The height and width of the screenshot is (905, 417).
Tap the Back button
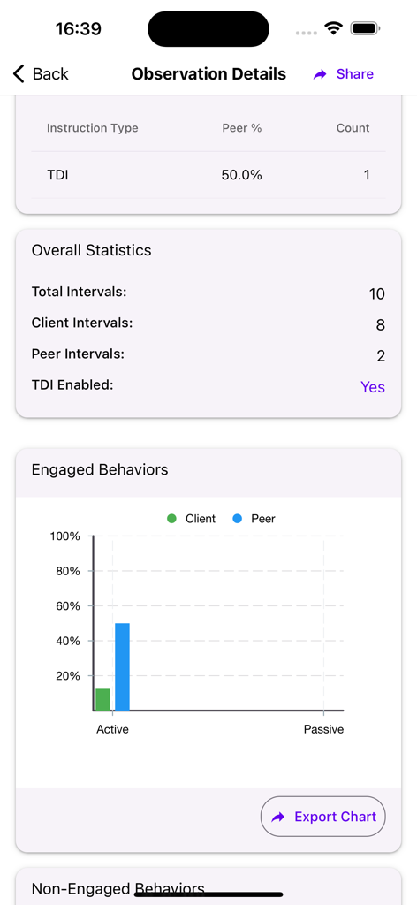point(41,74)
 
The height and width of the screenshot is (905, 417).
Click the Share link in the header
point(344,74)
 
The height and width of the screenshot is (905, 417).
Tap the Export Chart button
point(323,817)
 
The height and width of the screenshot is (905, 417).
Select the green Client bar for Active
point(103,699)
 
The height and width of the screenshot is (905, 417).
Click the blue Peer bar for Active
point(122,666)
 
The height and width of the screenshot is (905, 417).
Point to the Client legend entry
point(192,519)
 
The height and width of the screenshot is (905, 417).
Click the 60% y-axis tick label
point(68,606)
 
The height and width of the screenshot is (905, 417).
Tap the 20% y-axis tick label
point(68,676)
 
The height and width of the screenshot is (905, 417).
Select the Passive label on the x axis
point(323,729)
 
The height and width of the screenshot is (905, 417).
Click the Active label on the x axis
point(112,729)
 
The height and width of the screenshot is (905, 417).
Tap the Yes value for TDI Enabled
point(373,387)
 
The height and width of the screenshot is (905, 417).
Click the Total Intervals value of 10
point(376,294)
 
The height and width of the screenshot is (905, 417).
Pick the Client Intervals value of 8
point(380,325)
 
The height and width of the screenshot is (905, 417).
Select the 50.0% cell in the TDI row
point(241,175)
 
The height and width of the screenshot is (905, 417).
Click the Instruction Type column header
point(93,128)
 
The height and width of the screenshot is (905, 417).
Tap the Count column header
point(353,128)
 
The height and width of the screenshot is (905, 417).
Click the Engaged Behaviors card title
point(100,469)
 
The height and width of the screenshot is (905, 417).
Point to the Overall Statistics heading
point(92,250)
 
